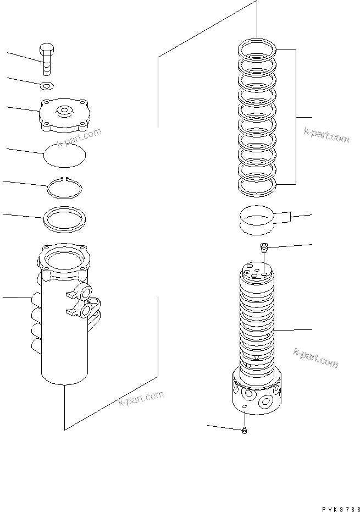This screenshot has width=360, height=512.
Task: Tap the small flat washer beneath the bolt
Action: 47,85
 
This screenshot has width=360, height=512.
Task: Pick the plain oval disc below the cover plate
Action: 65,153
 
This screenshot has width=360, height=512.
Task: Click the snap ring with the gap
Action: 64,188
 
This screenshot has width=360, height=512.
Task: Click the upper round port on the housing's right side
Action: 86,293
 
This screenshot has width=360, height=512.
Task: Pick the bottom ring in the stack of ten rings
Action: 257,184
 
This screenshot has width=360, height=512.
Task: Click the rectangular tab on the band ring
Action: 285,218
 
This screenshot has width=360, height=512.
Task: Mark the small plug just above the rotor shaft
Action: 264,247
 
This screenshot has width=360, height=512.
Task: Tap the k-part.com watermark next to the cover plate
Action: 80,137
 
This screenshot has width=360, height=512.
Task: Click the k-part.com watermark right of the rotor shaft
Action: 315,357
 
